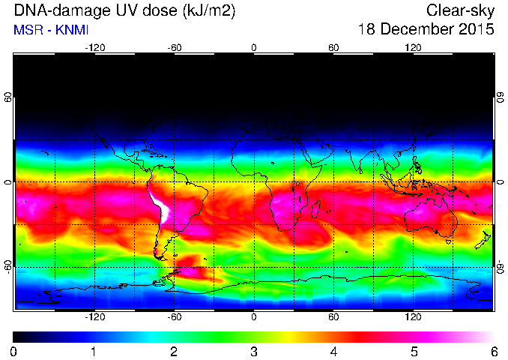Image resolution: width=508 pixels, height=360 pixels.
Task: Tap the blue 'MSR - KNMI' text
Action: [51, 30]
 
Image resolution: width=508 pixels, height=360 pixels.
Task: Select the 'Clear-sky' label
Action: [460, 11]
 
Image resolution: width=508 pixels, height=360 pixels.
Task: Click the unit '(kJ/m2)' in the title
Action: [209, 11]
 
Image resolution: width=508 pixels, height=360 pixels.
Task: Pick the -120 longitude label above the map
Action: [95, 48]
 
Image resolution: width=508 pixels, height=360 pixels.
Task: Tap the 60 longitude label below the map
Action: [333, 316]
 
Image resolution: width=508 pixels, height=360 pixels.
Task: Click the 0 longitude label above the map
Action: [254, 48]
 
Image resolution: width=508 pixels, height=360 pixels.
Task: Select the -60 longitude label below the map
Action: [175, 316]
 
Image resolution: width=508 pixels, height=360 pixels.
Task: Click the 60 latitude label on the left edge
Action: [7, 97]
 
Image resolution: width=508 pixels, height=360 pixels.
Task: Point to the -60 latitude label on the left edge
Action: [7, 266]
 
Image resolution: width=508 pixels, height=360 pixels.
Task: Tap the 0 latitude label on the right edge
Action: [501, 182]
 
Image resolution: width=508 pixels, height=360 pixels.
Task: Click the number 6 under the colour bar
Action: [494, 352]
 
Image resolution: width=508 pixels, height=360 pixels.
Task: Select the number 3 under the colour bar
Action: [254, 352]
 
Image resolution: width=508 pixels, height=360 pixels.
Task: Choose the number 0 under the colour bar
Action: [13, 352]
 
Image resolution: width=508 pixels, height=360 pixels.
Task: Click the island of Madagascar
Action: [315, 209]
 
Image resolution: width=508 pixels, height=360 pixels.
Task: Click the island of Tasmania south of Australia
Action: [449, 242]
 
